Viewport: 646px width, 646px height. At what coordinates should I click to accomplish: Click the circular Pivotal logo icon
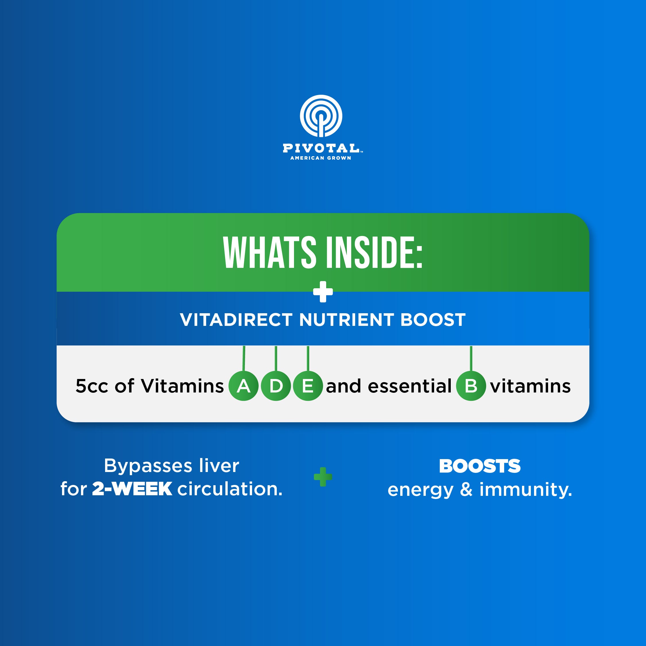pos(321,116)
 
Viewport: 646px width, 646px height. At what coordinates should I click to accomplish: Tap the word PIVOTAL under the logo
pos(321,148)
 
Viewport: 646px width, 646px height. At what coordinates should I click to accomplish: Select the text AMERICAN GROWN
pos(321,158)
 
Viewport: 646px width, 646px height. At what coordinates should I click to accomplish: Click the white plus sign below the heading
pos(323,292)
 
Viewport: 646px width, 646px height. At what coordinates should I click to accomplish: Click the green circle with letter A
pos(243,386)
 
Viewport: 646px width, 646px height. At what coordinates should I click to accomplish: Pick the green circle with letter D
pos(276,386)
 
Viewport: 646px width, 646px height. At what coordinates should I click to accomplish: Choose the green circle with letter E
pos(308,386)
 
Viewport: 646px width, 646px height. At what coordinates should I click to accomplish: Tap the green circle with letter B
pos(471,386)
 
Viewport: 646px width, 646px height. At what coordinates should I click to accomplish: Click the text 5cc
pos(92,386)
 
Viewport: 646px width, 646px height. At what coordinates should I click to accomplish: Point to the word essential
pos(410,386)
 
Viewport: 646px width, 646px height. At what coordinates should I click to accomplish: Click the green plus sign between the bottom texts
pos(323,477)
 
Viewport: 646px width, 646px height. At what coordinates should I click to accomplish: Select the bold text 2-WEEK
pos(132,489)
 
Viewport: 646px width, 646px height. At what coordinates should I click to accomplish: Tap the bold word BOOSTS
pos(480,466)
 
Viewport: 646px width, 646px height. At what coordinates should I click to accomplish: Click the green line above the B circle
pos(471,358)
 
